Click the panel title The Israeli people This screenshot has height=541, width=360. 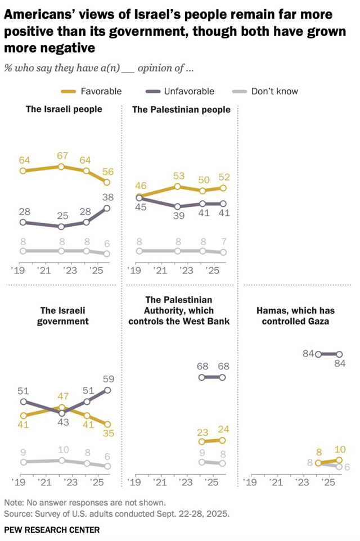64,109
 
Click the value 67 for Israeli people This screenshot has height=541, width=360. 62,155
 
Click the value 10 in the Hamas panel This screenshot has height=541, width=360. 340,450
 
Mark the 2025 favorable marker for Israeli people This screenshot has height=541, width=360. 107,182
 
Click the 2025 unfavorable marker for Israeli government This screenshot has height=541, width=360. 107,390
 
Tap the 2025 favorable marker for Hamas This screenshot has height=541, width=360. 339,461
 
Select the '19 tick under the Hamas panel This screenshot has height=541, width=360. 249,482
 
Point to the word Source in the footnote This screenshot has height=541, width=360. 17,514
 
